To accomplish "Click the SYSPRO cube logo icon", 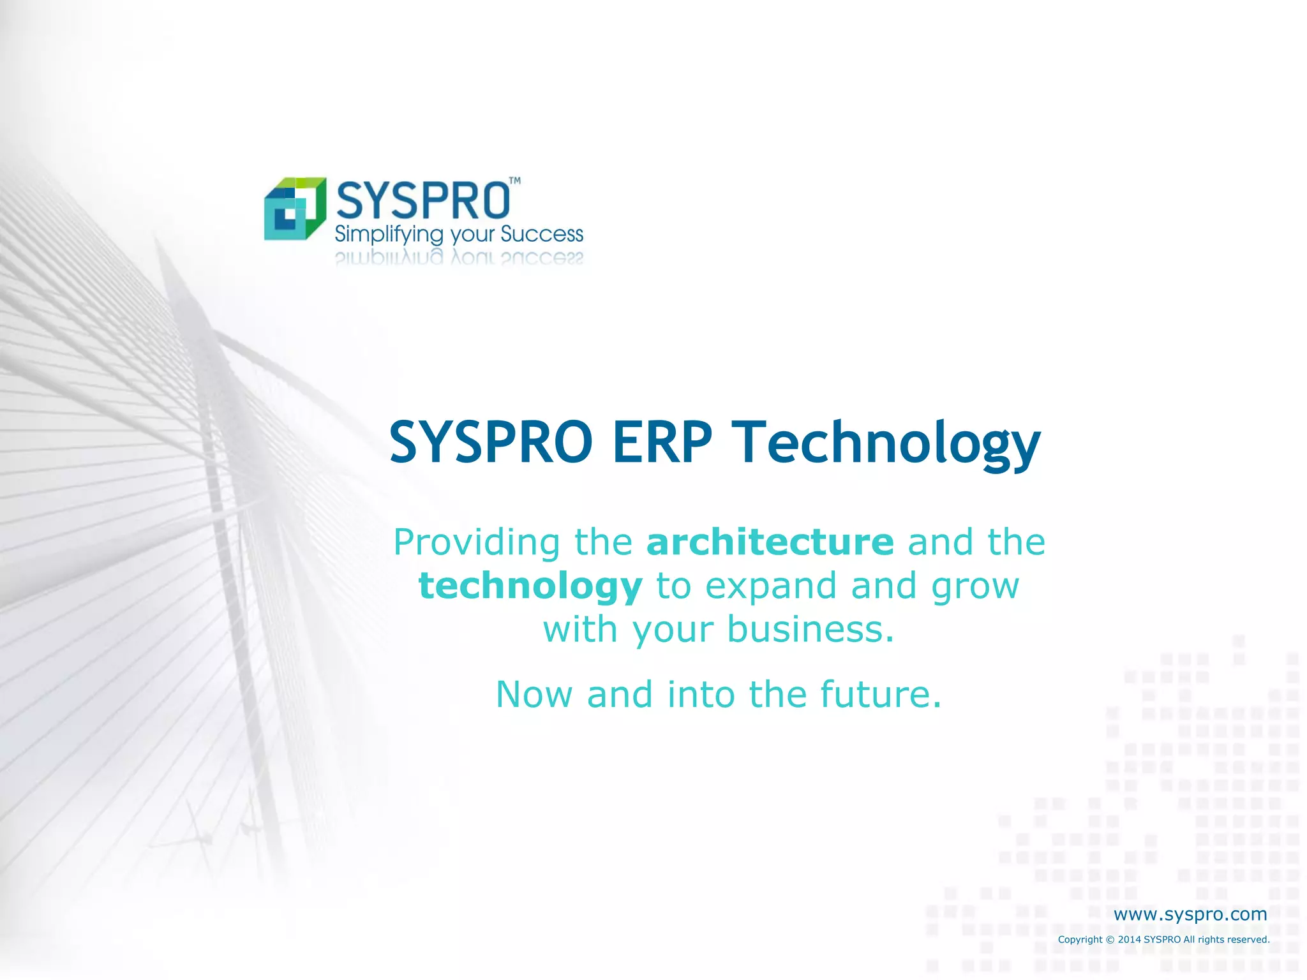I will [295, 209].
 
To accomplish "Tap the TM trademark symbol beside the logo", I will [514, 181].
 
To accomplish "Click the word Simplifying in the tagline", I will [389, 235].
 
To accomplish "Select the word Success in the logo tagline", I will [542, 234].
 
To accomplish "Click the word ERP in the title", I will [662, 442].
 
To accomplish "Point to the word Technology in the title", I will [886, 443].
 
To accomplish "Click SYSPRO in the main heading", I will [491, 442].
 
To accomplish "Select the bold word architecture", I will [770, 542].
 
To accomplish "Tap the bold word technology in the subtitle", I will [530, 586].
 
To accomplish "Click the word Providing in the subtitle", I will [477, 543].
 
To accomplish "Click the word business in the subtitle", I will [810, 629].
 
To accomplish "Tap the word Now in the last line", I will [534, 694].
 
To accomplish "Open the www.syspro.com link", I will [1190, 914].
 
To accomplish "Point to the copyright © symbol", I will [1110, 940].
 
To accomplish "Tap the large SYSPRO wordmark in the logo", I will [422, 200].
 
